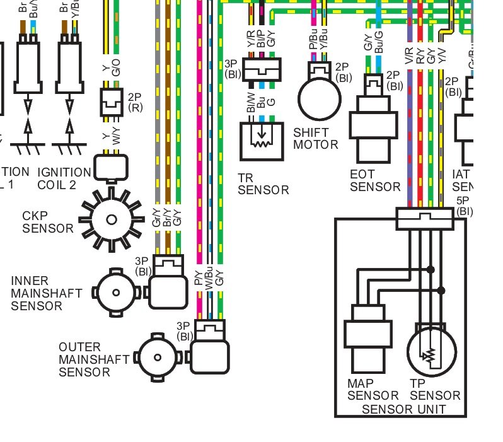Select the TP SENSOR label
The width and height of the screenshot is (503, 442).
tap(435, 390)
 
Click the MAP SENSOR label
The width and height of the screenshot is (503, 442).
tap(373, 390)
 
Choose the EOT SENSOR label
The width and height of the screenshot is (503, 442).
tap(375, 180)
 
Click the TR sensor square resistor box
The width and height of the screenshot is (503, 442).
tap(262, 141)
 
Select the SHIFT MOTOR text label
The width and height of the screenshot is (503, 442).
tap(316, 139)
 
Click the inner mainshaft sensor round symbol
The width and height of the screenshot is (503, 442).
tap(115, 293)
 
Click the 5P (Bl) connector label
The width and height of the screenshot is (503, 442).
tap(465, 206)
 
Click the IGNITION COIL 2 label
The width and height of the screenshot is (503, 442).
tap(64, 178)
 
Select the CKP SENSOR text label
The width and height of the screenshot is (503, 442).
tap(48, 222)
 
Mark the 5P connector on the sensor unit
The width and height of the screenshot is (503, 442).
tap(425, 219)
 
